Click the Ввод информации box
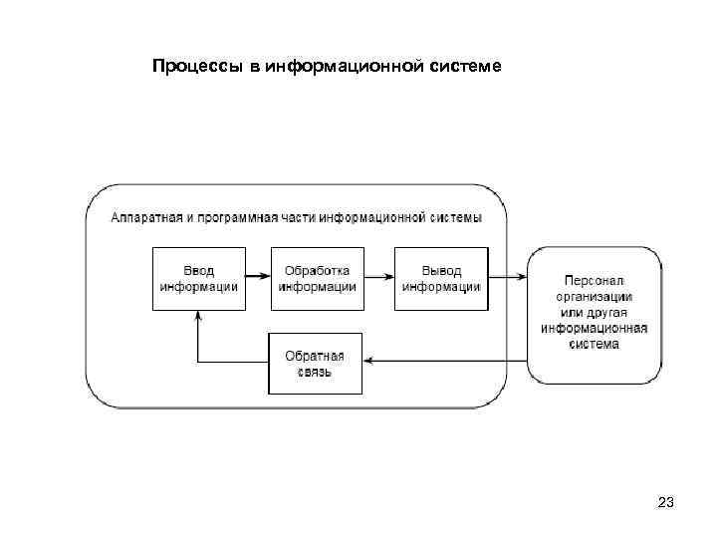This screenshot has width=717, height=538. click(x=197, y=278)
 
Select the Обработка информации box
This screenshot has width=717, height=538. click(x=318, y=278)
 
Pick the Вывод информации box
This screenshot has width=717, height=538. click(x=441, y=278)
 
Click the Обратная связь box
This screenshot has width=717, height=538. click(x=315, y=364)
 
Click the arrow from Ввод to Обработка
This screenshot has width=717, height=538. click(x=258, y=278)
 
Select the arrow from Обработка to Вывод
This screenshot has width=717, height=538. click(x=379, y=278)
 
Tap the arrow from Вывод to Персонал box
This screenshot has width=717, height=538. click(x=508, y=278)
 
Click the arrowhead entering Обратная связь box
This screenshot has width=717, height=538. click(x=367, y=363)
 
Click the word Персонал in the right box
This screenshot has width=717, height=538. click(x=595, y=281)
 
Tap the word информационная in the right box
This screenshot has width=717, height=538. click(x=595, y=329)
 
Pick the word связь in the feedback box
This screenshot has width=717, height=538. click(x=315, y=372)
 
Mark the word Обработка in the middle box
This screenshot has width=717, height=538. click(x=318, y=270)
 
